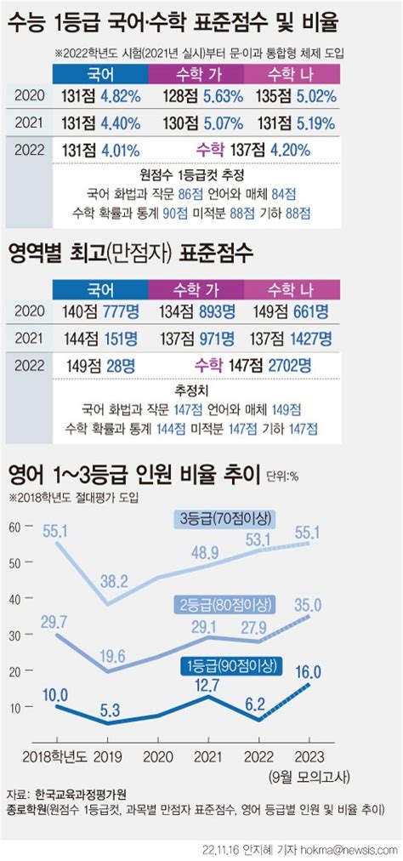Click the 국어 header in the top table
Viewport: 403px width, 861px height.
[100, 74]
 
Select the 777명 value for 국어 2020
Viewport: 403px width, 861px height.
[116, 313]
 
